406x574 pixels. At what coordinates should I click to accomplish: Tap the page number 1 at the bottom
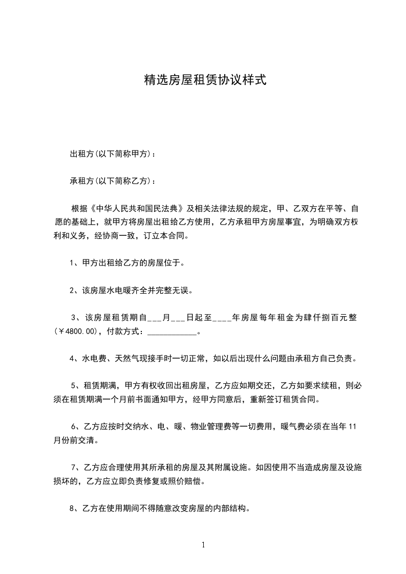coord(203,545)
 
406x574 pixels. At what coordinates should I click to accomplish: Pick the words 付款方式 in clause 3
coord(123,332)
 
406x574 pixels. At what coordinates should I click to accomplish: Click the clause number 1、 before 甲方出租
coord(74,263)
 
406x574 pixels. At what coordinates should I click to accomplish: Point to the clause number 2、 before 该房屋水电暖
coord(74,291)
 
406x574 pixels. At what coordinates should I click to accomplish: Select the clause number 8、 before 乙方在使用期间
coord(74,509)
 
